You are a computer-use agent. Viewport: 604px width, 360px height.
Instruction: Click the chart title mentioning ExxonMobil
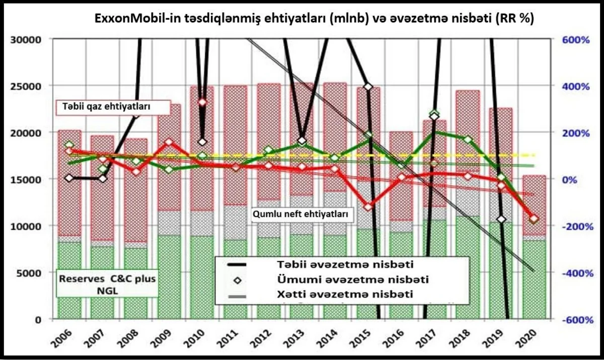click(x=315, y=19)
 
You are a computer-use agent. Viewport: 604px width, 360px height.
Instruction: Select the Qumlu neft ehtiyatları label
click(x=301, y=213)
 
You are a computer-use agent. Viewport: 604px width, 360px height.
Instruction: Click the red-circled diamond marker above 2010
click(x=202, y=102)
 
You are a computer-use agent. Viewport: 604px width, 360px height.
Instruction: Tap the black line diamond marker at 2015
click(x=368, y=87)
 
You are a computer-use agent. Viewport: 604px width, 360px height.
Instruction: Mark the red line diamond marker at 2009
click(x=169, y=142)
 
